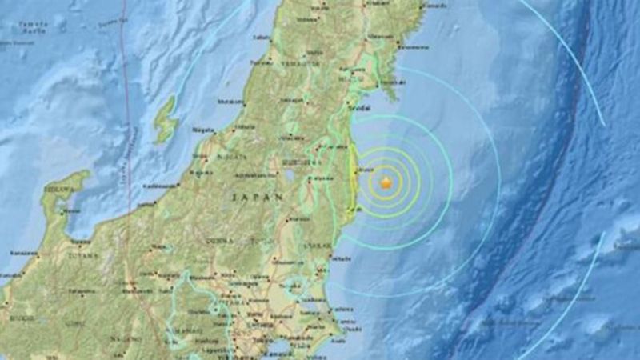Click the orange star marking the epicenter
[x=386, y=183]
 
